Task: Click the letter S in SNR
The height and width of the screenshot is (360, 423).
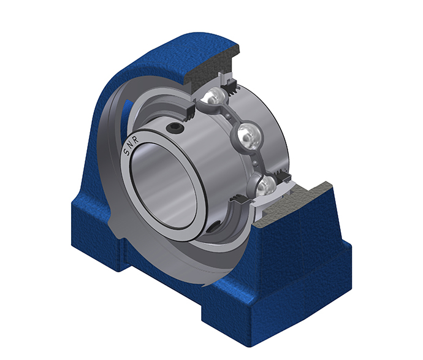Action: point(126,152)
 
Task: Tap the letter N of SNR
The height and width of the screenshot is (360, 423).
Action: point(130,145)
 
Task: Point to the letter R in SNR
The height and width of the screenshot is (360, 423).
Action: point(135,140)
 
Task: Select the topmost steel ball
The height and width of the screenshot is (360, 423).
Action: point(215,97)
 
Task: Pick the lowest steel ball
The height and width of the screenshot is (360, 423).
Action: point(263,185)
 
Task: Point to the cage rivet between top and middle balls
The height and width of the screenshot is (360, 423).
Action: point(229,116)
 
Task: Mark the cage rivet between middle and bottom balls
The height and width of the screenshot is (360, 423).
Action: point(255,163)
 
